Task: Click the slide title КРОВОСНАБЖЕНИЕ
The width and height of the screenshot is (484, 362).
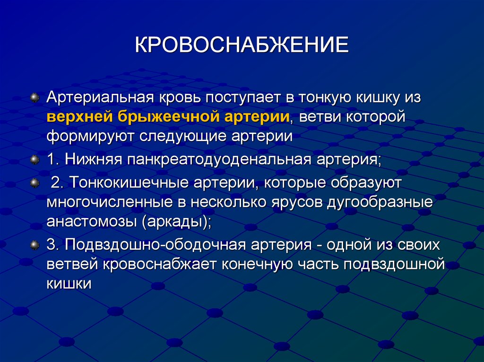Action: (242, 46)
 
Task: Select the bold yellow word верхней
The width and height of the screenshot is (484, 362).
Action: (76, 117)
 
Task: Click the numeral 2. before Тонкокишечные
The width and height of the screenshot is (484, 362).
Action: (56, 183)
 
